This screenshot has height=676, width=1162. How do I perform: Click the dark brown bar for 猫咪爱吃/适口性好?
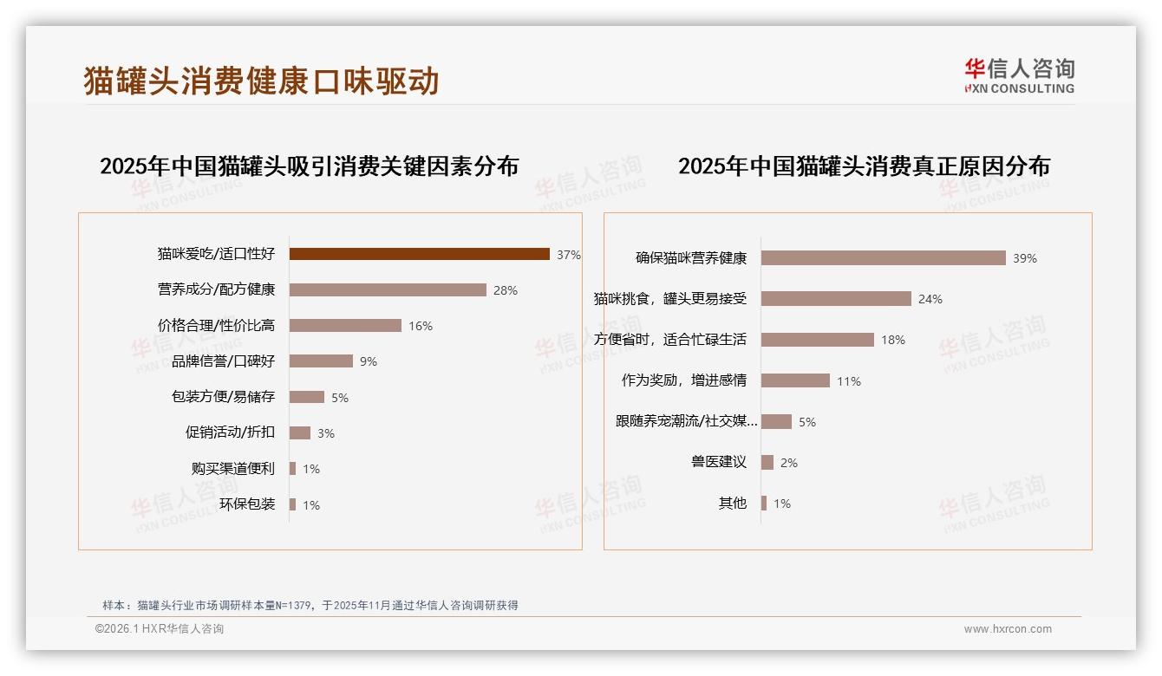[419, 254]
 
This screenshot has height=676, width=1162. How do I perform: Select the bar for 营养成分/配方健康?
[388, 290]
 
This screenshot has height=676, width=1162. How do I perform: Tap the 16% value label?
[421, 326]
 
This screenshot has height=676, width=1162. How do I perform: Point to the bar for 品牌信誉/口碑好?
[321, 361]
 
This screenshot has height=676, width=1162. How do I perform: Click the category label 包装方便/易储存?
[223, 397]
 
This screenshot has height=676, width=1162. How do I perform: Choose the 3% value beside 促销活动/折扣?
[325, 433]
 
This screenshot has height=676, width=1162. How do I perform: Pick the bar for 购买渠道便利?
[292, 469]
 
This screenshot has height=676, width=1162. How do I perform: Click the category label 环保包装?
[247, 504]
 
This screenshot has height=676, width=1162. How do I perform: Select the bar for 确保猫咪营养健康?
[883, 258]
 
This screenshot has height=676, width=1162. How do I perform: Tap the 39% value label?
[1025, 258]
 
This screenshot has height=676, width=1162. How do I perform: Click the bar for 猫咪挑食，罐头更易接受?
[836, 299]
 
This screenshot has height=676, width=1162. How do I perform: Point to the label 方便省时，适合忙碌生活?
[670, 340]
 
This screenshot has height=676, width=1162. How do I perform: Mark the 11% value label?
[849, 381]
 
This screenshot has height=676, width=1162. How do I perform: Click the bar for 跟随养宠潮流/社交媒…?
[776, 422]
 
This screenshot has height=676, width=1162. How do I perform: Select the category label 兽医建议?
[719, 463]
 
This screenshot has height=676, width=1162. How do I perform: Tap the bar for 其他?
[764, 504]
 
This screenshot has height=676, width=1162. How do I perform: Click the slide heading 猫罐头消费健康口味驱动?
[261, 81]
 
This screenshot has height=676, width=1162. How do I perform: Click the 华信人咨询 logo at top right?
[1019, 76]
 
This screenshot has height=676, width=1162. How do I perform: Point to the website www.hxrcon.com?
[1008, 629]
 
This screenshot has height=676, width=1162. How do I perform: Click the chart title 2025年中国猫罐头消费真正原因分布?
[864, 166]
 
